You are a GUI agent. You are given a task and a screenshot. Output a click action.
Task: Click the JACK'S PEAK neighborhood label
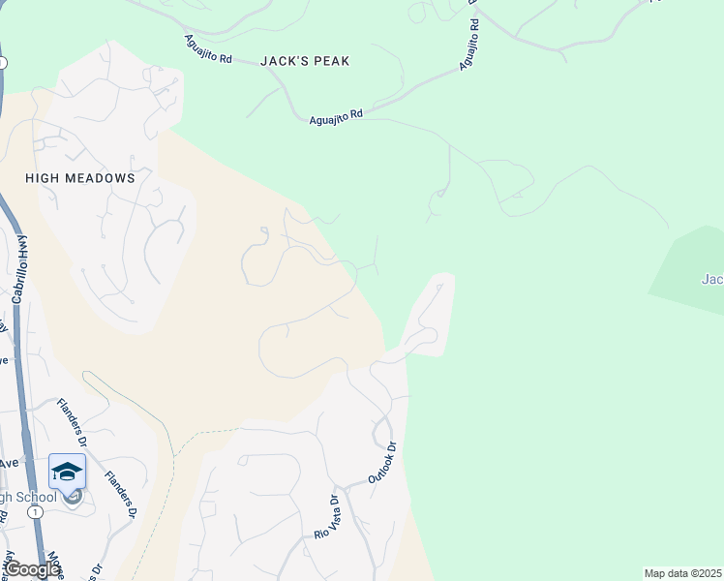[305, 61]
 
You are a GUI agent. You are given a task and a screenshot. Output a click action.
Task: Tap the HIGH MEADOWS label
[79, 179]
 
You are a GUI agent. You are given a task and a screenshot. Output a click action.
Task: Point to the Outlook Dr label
[382, 464]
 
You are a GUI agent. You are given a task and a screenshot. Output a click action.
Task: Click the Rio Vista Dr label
[325, 518]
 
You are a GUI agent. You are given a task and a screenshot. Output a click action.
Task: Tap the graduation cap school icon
[67, 472]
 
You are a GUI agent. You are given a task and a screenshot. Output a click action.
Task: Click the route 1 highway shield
[36, 511]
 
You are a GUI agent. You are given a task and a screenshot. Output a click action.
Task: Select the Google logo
[31, 569]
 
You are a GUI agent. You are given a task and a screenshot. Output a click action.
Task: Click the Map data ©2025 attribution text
[683, 573]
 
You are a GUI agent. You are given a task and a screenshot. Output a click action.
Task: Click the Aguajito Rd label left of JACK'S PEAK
[208, 50]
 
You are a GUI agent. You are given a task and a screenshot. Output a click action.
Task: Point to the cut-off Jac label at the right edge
[712, 280]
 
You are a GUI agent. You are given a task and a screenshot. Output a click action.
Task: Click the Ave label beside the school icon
[9, 463]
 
